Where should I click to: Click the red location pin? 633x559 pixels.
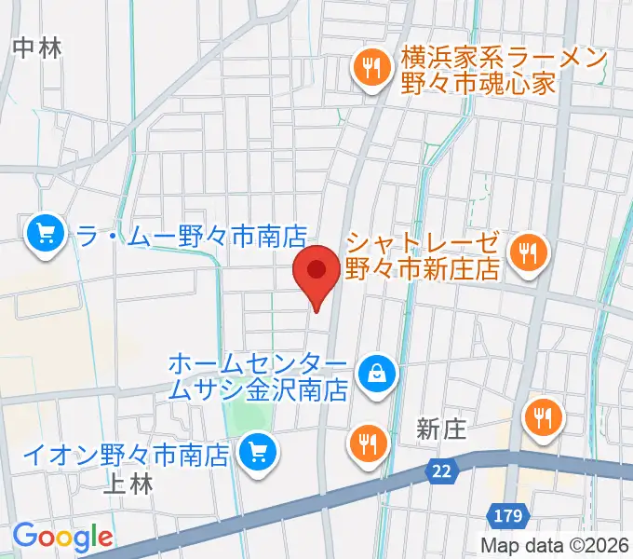pyautogui.click(x=316, y=272)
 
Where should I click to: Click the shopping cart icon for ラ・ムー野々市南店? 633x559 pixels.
pyautogui.click(x=45, y=234)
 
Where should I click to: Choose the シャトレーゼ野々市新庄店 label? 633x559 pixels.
pyautogui.click(x=424, y=255)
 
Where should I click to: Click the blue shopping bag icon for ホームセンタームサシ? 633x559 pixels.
pyautogui.click(x=377, y=375)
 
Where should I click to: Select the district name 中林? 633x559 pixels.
pyautogui.click(x=37, y=48)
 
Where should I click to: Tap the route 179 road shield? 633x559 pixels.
pyautogui.click(x=508, y=513)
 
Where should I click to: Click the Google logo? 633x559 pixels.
pyautogui.click(x=62, y=537)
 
